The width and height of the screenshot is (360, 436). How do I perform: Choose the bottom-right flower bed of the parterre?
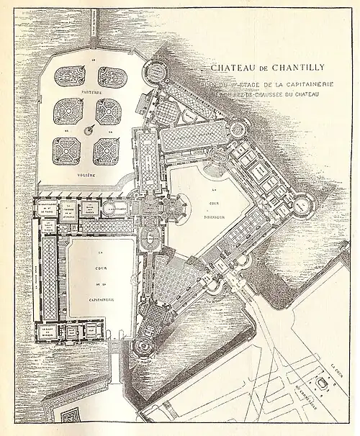pos(108,150)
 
